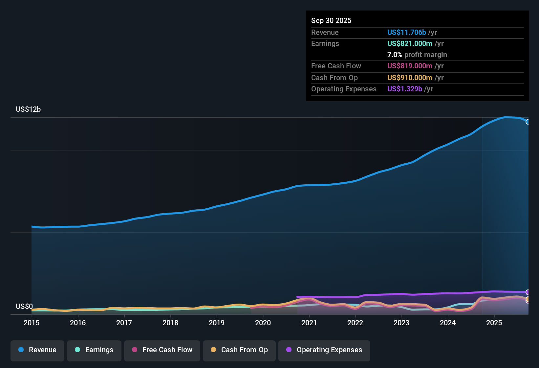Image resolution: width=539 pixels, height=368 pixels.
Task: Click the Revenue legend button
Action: [x=37, y=350]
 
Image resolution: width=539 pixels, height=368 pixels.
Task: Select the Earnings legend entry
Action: [x=94, y=350]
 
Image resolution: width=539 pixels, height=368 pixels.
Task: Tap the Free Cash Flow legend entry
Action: [x=162, y=350]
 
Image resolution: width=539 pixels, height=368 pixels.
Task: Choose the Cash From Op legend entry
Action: [x=239, y=350]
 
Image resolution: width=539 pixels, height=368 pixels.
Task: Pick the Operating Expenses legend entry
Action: [x=324, y=350]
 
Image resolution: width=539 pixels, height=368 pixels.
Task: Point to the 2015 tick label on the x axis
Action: [x=32, y=323]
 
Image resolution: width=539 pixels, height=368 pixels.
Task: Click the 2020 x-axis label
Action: [x=263, y=323]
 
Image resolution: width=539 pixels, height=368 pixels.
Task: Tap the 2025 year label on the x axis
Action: [x=494, y=323]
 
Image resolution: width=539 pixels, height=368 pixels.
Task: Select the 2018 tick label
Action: [x=170, y=323]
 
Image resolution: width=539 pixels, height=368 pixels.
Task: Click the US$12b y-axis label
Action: [x=28, y=109]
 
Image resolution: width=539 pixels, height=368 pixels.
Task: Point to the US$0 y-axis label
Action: [x=24, y=307]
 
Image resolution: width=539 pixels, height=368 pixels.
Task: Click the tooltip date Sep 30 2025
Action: [x=331, y=20]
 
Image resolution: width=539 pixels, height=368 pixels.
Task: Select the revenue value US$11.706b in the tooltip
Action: [x=406, y=32]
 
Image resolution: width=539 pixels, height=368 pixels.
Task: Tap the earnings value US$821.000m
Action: [x=410, y=43]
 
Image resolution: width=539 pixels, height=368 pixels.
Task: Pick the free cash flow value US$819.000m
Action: [x=410, y=66]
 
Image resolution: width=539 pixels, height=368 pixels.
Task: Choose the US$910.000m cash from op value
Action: [x=410, y=78]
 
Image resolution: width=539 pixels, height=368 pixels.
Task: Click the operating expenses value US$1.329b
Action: [x=404, y=89]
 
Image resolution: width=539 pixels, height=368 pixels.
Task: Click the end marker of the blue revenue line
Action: [x=528, y=122]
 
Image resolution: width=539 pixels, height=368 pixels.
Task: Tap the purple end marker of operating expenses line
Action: [x=528, y=292]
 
